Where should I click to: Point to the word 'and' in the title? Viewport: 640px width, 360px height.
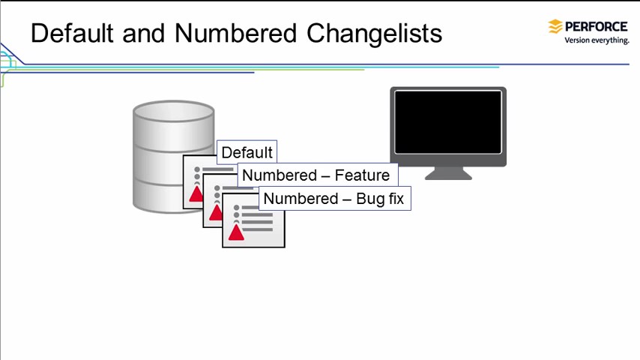point(142,34)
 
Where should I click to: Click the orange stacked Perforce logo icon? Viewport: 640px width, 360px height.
point(555,27)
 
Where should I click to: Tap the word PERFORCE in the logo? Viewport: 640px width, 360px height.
point(597,26)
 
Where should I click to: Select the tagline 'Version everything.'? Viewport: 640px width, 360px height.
point(597,40)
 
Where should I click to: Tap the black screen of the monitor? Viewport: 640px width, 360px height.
point(448,121)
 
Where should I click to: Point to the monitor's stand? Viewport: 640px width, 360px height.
point(448,173)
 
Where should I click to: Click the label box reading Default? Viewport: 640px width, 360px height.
point(247,152)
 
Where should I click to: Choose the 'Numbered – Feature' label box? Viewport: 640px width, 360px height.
point(316,175)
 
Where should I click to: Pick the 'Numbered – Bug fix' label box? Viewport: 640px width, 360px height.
point(334,199)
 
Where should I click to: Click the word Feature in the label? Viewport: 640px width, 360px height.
point(362,175)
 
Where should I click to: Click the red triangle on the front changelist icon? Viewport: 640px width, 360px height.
point(236,232)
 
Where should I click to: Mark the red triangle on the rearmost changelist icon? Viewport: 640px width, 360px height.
point(196,194)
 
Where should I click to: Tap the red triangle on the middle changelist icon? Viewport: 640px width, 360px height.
point(216,213)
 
